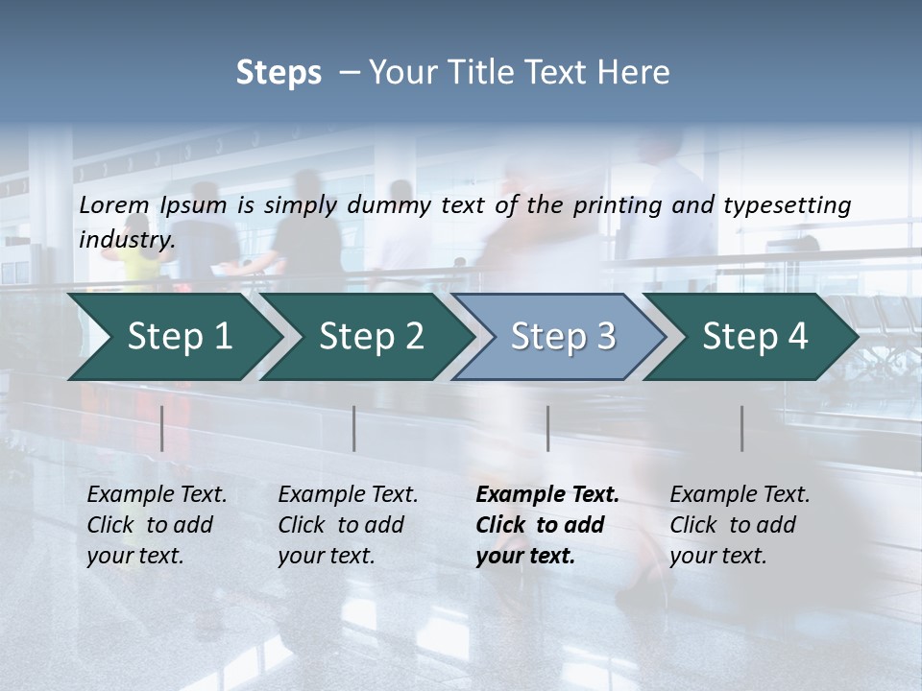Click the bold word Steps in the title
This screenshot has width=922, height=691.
(x=279, y=73)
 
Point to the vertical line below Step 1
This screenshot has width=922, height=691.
(x=161, y=428)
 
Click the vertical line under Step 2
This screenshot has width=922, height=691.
(x=354, y=428)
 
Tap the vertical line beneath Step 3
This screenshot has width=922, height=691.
(x=547, y=428)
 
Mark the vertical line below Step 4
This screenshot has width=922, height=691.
(x=741, y=428)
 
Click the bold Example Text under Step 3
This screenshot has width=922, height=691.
(x=547, y=495)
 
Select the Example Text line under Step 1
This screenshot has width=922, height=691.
(x=157, y=495)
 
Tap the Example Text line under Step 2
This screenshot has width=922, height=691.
(x=348, y=495)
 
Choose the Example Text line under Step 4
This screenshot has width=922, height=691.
(x=740, y=495)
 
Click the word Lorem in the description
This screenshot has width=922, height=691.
(x=114, y=205)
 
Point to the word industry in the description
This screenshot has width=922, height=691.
(x=127, y=240)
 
